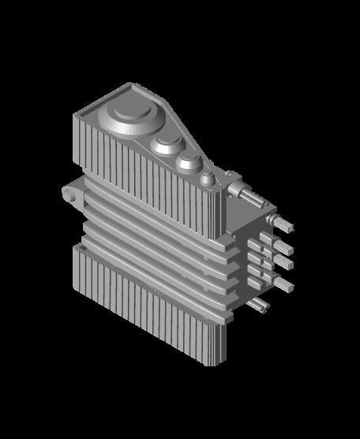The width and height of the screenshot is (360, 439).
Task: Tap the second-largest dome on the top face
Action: tap(167, 144)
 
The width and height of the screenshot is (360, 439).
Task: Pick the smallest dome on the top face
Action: tap(206, 176)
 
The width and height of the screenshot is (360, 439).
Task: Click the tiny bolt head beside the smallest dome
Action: tap(227, 174)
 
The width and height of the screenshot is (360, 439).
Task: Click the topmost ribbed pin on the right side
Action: tap(283, 225)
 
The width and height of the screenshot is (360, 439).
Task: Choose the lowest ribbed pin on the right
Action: tap(283, 283)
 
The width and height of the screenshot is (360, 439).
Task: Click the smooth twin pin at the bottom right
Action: tap(258, 304)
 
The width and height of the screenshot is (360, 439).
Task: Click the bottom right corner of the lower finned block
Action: tap(223, 363)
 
